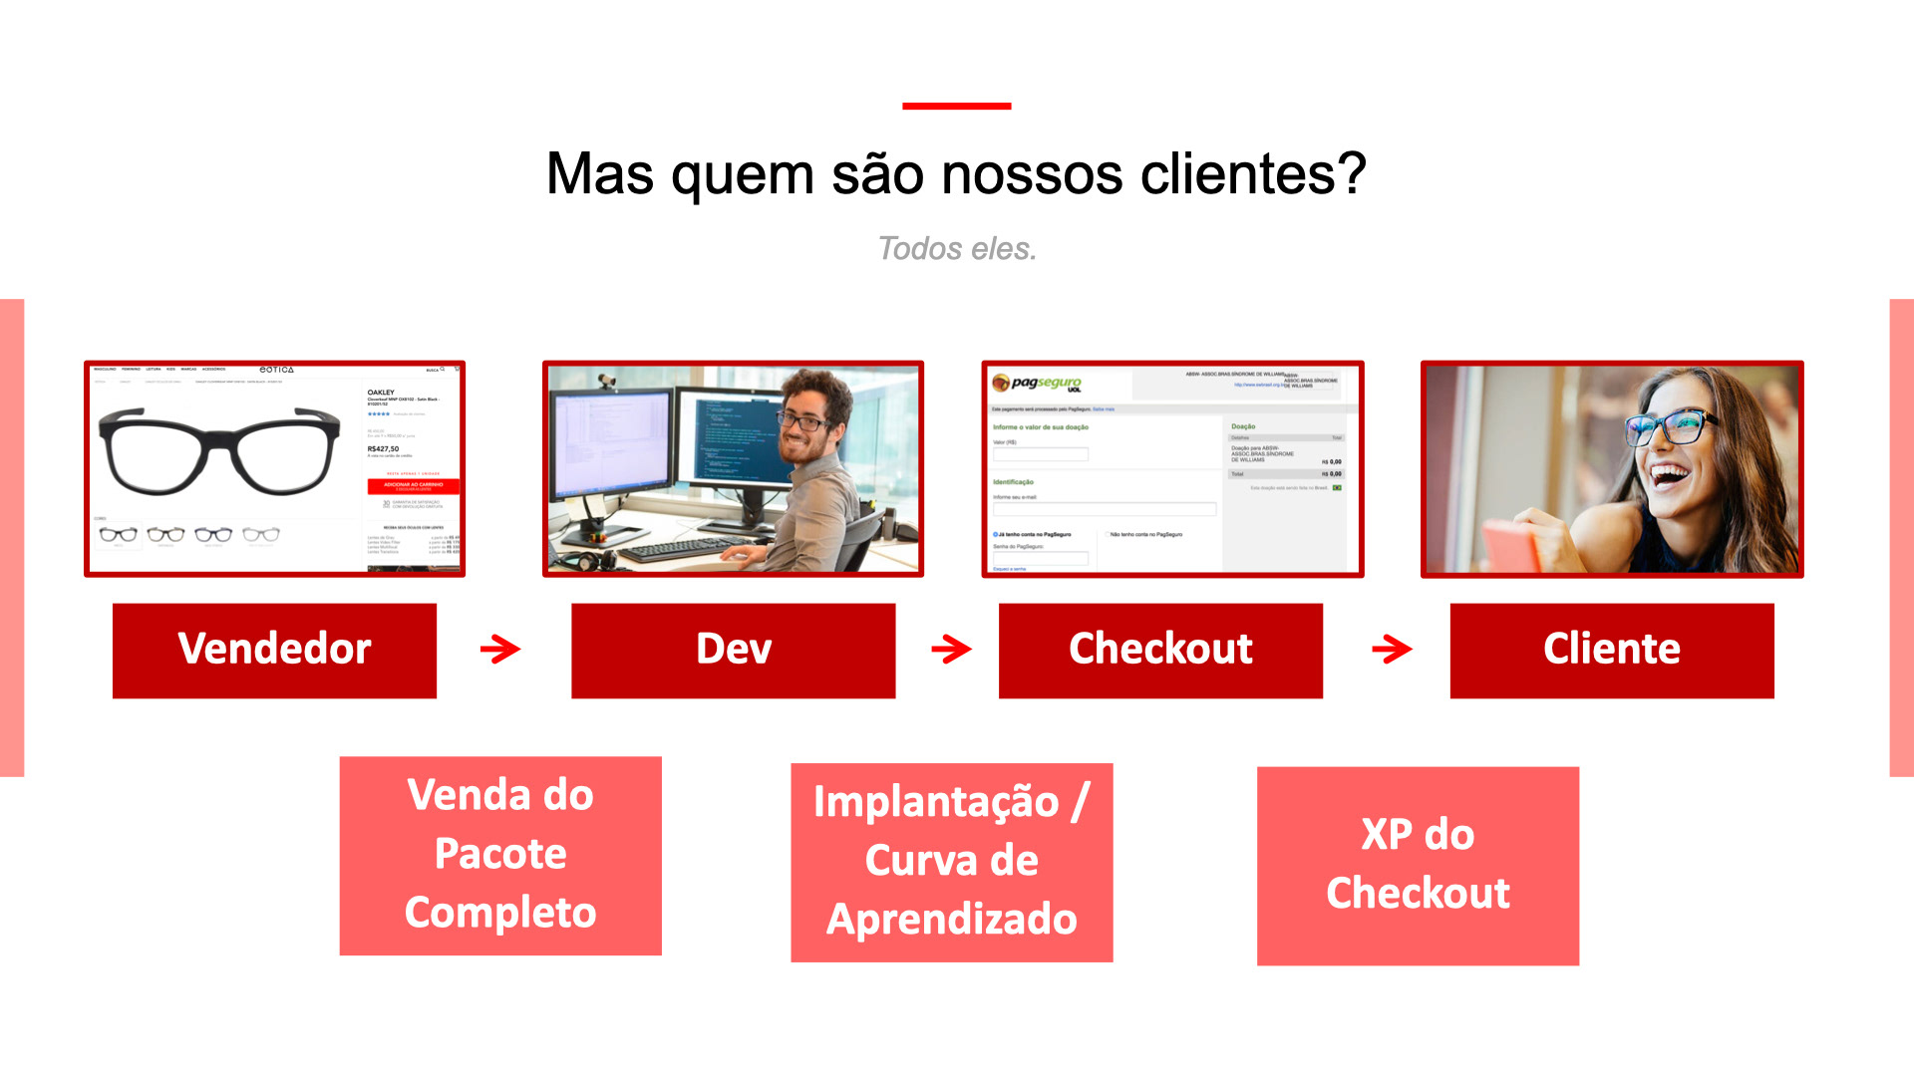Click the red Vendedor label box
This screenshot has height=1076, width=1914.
pos(274,650)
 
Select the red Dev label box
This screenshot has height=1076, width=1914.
pos(733,650)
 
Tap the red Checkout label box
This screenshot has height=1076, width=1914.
pos(1160,650)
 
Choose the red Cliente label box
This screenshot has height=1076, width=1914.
pos(1612,650)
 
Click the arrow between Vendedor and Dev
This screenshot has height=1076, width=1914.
pos(500,650)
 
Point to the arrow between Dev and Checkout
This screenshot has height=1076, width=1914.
pos(951,650)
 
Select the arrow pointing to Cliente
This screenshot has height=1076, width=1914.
pos(1392,650)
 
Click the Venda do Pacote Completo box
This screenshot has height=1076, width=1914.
pos(500,855)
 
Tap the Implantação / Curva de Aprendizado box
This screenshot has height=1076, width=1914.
pos(951,862)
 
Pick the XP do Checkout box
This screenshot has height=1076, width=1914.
pos(1418,865)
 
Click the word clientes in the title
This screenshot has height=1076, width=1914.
pos(1252,174)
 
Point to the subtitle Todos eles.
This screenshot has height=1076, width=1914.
pos(957,248)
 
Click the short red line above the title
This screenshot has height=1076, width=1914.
pos(957,106)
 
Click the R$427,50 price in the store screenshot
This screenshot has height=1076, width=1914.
pos(383,449)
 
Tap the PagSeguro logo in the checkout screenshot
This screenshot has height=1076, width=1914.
pos(1038,384)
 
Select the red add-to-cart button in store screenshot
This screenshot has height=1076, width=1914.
pos(414,486)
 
